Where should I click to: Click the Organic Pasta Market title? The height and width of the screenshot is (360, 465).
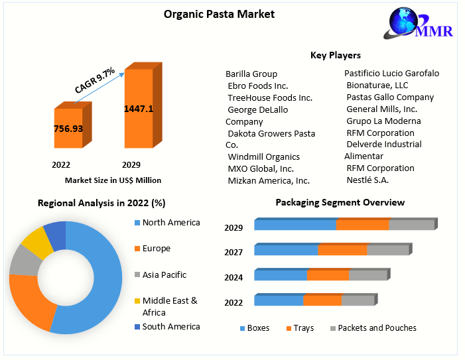pyautogui.click(x=219, y=14)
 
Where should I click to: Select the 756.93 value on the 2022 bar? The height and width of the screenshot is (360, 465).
pyautogui.click(x=68, y=129)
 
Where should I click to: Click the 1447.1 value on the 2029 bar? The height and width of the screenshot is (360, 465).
pyautogui.click(x=139, y=109)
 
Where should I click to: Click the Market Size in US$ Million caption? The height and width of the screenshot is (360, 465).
pyautogui.click(x=113, y=180)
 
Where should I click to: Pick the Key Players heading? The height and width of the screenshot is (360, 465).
pyautogui.click(x=336, y=55)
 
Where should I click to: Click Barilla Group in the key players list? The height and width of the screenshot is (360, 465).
pyautogui.click(x=251, y=74)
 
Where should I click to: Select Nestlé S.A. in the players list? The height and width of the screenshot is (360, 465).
pyautogui.click(x=367, y=180)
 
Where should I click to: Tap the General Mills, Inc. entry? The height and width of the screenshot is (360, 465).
pyautogui.click(x=381, y=109)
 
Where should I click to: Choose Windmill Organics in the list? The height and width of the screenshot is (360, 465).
pyautogui.click(x=263, y=157)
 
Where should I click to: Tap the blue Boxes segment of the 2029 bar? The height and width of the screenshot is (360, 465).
pyautogui.click(x=295, y=225)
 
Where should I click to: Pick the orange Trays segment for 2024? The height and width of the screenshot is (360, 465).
pyautogui.click(x=328, y=275)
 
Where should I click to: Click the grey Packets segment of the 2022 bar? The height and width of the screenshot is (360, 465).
pyautogui.click(x=358, y=300)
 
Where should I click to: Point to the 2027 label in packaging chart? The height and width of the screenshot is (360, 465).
pyautogui.click(x=233, y=252)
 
